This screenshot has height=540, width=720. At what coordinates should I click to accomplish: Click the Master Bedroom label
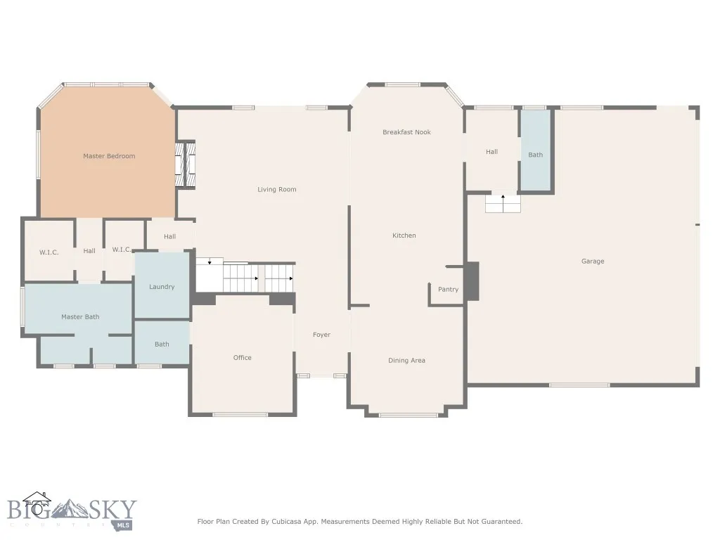click(109, 156)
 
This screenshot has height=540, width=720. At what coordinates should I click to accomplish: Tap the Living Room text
click(276, 189)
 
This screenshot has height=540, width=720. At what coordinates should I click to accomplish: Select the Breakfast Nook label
click(406, 132)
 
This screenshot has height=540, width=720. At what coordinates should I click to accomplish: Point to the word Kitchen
click(404, 236)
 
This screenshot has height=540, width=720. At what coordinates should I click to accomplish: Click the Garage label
click(593, 261)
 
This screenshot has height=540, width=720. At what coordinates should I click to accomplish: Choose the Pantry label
click(448, 289)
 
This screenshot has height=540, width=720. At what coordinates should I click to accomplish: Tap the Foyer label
click(321, 335)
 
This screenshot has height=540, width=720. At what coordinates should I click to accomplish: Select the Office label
click(242, 358)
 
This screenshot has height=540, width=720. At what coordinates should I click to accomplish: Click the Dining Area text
click(406, 361)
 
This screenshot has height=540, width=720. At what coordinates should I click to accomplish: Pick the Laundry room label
click(162, 287)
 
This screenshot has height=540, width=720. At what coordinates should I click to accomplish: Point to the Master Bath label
click(80, 317)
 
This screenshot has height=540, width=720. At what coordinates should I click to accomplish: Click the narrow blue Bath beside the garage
click(536, 155)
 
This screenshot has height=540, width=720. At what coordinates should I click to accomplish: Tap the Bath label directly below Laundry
click(162, 345)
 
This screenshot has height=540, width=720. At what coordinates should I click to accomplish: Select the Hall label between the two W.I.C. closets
click(89, 251)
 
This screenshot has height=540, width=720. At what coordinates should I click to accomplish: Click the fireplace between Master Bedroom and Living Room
click(186, 165)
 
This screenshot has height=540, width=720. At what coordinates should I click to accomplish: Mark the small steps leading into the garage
click(503, 203)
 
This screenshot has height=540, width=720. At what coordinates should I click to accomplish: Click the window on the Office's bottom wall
click(240, 415)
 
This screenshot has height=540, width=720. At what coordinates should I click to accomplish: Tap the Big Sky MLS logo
click(70, 512)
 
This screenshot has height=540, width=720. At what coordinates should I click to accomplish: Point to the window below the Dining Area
click(408, 415)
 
